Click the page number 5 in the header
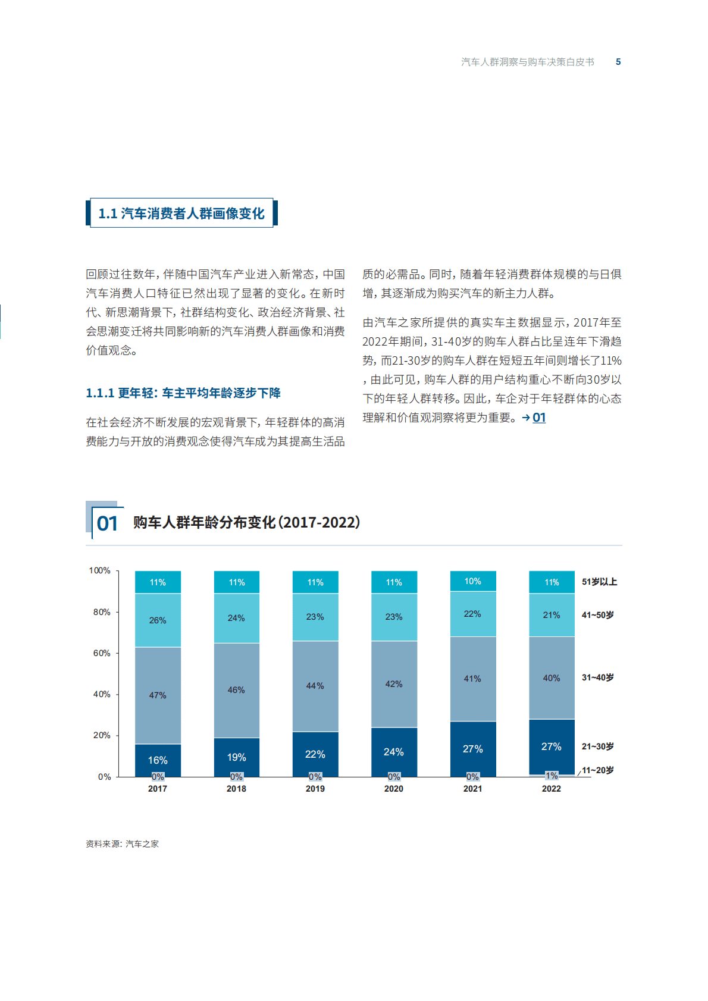[x=618, y=62]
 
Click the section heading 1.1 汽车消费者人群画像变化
[x=181, y=214]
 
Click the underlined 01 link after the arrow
[x=539, y=418]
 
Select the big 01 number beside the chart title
[x=107, y=523]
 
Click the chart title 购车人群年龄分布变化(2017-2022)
[x=246, y=522]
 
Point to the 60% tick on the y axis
[x=102, y=653]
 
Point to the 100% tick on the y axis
[x=99, y=570]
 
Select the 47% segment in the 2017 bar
[x=158, y=695]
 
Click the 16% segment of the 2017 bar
[x=158, y=760]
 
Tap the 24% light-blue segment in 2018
[x=236, y=618]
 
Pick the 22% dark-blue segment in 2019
[x=315, y=754]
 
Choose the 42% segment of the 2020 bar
[x=394, y=684]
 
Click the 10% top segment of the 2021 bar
[x=473, y=581]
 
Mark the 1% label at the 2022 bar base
[x=552, y=776]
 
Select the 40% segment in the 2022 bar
[x=552, y=678]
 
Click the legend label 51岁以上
[x=599, y=582]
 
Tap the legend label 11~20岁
[x=598, y=770]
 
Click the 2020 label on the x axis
[x=394, y=789]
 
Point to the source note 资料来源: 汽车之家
[x=122, y=844]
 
